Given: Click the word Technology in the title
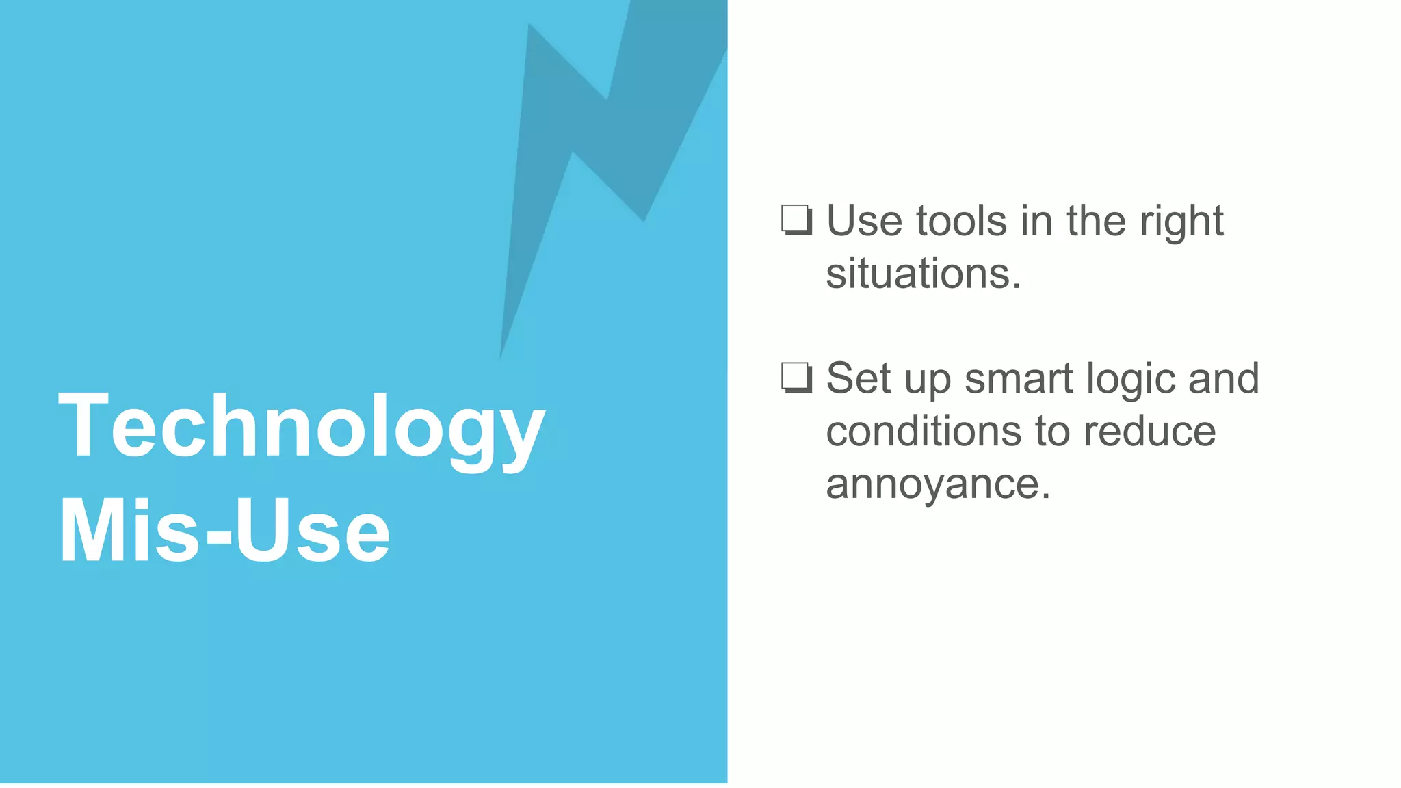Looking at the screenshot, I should pyautogui.click(x=301, y=428).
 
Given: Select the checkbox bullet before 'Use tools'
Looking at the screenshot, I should pyautogui.click(x=797, y=220).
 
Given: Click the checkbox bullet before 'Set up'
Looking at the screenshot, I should pyautogui.click(x=797, y=378).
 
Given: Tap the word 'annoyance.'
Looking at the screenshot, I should pyautogui.click(x=938, y=484).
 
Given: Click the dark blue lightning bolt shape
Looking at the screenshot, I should pyautogui.click(x=616, y=137).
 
